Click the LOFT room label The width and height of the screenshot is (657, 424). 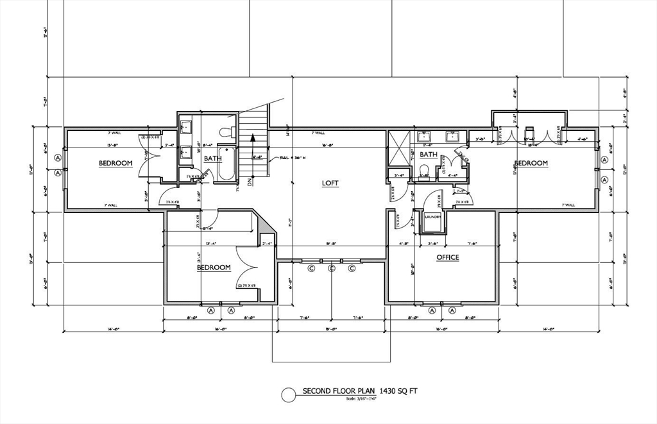(330, 183)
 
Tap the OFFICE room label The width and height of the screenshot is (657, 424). (447, 257)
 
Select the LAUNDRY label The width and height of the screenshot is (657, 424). (433, 217)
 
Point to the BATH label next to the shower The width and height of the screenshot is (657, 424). (428, 155)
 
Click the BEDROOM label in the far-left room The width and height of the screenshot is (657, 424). (115, 163)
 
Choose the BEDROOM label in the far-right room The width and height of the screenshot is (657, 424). (531, 163)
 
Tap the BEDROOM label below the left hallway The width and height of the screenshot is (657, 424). (213, 267)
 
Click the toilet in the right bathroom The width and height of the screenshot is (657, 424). (422, 171)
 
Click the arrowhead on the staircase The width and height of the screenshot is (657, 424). (254, 136)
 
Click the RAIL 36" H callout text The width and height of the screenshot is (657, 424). (288, 157)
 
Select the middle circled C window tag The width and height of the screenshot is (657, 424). (332, 268)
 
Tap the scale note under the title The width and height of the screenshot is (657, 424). (361, 399)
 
